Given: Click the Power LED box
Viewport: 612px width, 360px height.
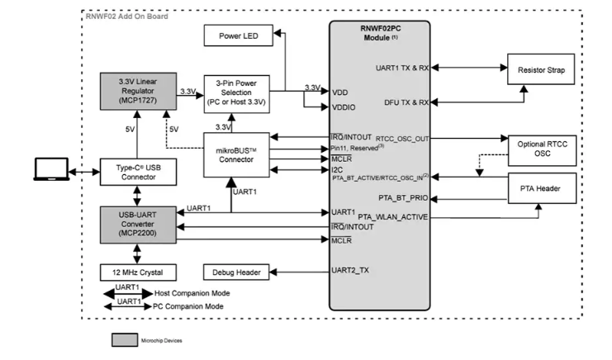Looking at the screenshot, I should click(239, 36).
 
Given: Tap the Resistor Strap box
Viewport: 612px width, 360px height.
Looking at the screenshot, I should click(541, 69).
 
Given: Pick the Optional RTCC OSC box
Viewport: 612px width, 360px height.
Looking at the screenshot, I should click(541, 148).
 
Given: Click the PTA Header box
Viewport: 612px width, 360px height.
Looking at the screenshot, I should click(541, 190).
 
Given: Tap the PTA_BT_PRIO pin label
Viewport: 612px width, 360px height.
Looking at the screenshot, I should click(401, 199).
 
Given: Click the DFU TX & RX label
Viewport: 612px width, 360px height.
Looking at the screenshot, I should click(404, 102).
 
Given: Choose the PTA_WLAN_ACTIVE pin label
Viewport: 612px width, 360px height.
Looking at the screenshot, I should click(393, 217).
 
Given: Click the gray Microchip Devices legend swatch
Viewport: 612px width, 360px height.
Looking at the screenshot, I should click(125, 339).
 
